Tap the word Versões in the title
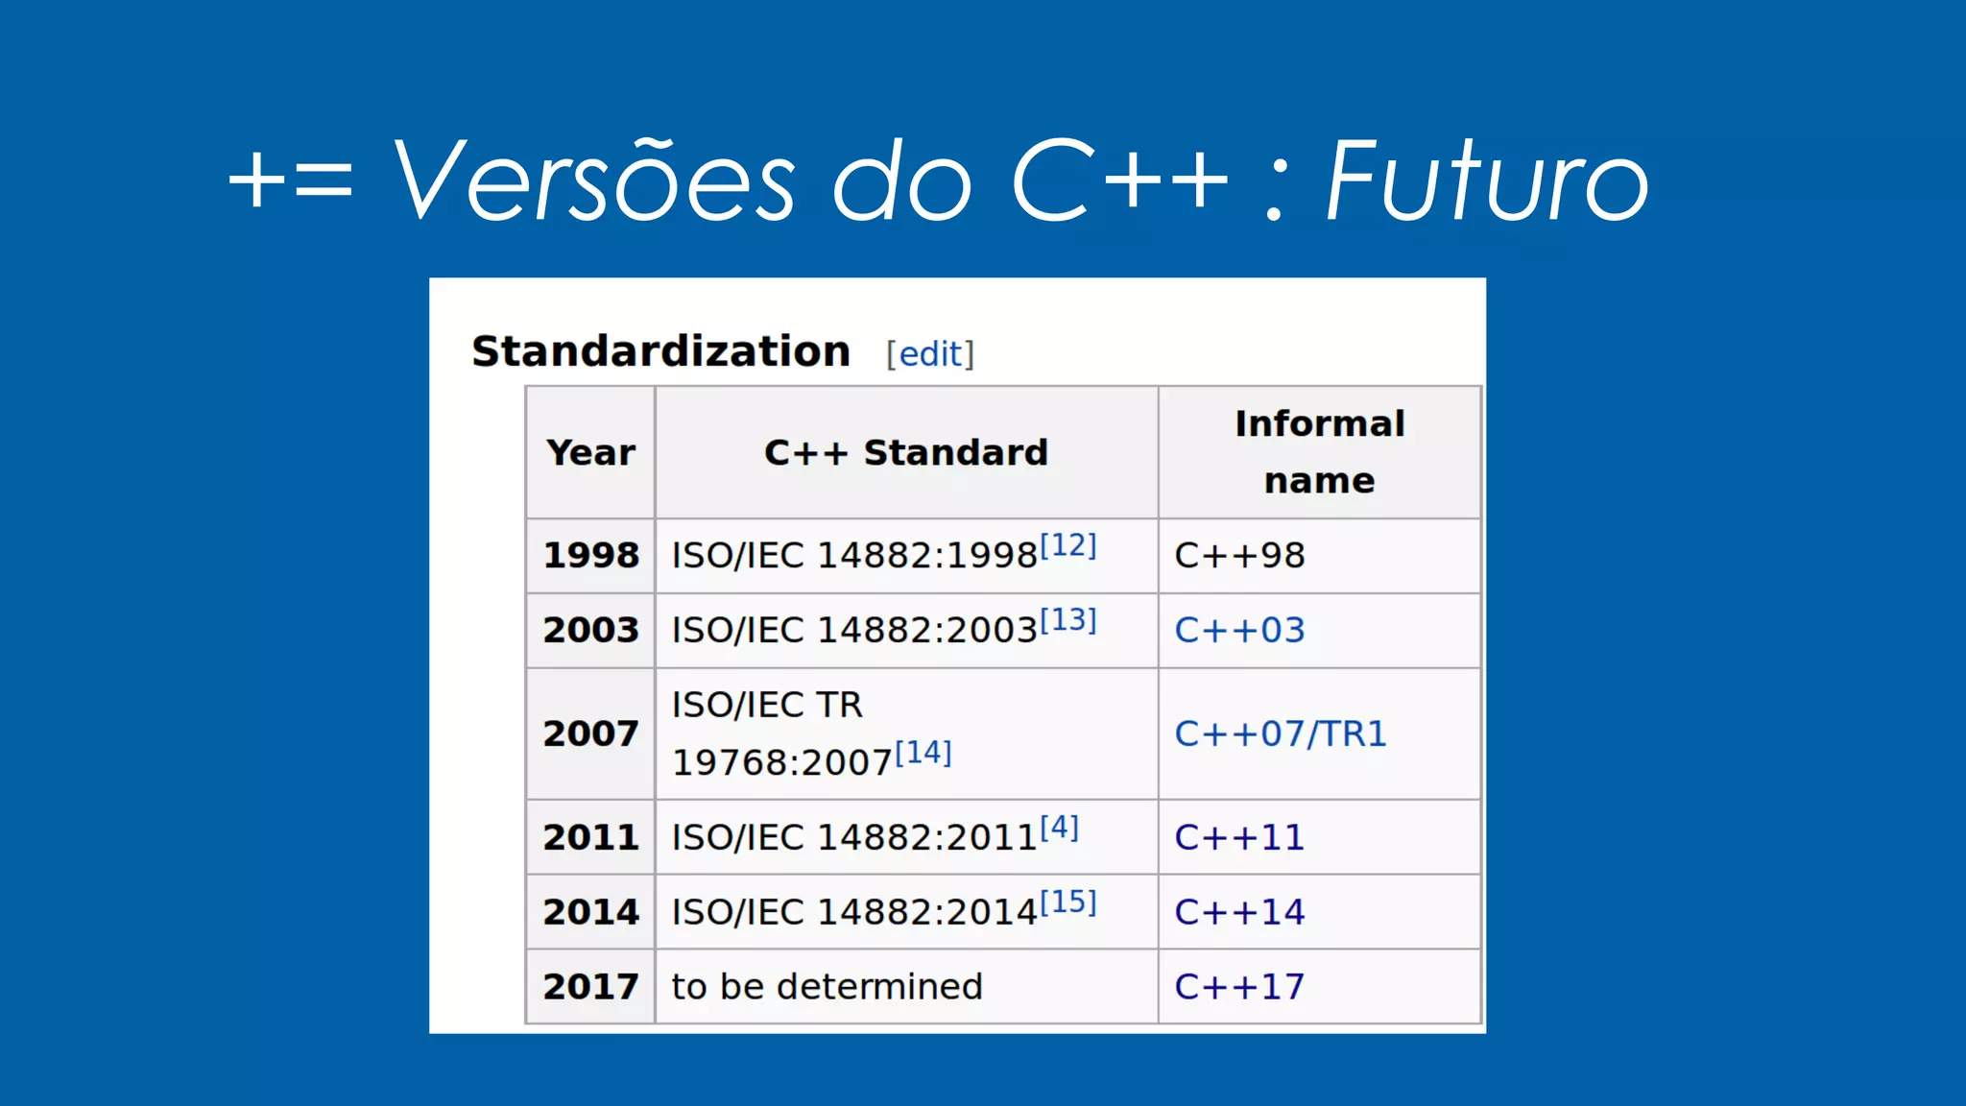(593, 180)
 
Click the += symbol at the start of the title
(291, 180)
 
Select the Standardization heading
(660, 351)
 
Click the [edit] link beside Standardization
(929, 354)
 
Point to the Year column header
(590, 452)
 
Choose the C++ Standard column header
(905, 452)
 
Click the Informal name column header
(1319, 451)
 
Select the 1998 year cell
(590, 555)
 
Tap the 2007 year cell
(590, 733)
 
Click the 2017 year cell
(590, 986)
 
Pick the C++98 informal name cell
(1239, 555)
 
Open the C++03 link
(1239, 630)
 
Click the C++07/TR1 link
(1281, 733)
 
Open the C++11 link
(1239, 837)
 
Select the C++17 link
(1239, 986)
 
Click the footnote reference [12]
(1068, 545)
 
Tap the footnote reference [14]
(923, 753)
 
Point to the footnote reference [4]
(1060, 827)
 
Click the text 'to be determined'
(827, 986)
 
